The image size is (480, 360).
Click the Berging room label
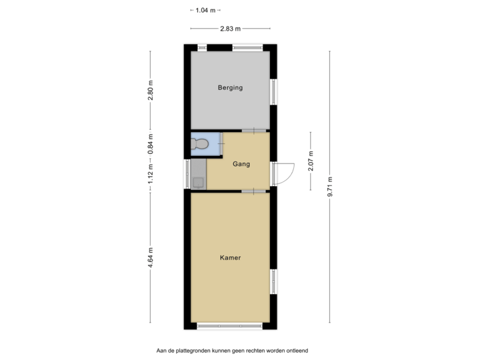click(x=230, y=87)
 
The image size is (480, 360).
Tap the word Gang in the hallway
click(x=241, y=163)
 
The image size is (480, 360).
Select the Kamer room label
click(x=230, y=257)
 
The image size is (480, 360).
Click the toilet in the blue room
click(x=199, y=143)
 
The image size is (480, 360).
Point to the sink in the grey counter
click(x=198, y=181)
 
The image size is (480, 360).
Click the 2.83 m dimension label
click(x=230, y=28)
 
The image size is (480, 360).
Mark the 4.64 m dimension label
click(x=150, y=258)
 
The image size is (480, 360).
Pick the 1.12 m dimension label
click(x=150, y=175)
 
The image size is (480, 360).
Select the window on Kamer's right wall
click(x=273, y=281)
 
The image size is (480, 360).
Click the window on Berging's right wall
click(x=273, y=91)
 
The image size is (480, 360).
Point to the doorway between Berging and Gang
click(x=253, y=130)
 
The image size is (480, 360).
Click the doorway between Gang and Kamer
click(x=253, y=191)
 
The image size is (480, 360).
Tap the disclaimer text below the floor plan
click(x=233, y=350)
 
